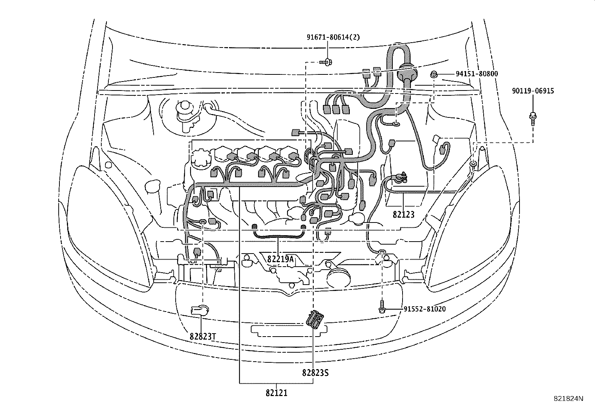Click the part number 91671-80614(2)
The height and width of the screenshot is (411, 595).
[x=328, y=37]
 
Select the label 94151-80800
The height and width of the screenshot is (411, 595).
[x=477, y=74]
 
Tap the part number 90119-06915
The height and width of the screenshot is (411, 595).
[x=533, y=91]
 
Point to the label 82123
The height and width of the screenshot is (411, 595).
[x=404, y=215]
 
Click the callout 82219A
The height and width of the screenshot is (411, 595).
[x=281, y=259]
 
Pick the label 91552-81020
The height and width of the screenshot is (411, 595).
[x=425, y=309]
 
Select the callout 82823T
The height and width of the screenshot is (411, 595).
[x=203, y=336]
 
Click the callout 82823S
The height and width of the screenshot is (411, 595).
[x=315, y=372]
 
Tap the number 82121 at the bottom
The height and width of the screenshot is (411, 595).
[x=277, y=393]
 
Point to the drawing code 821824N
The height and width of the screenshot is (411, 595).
[x=568, y=399]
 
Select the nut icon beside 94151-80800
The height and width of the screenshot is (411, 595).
[x=434, y=74]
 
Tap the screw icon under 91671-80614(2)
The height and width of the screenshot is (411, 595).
[x=327, y=62]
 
